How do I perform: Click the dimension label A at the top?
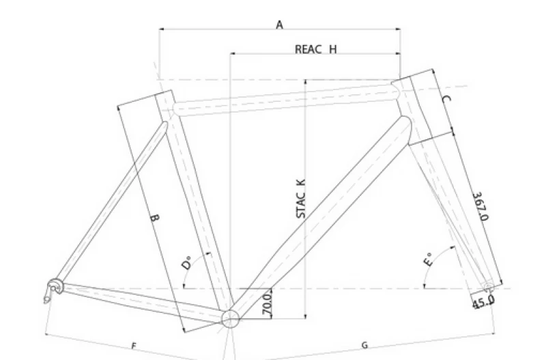click(280, 25)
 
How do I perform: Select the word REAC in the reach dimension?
click(308, 49)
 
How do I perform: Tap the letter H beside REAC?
click(333, 49)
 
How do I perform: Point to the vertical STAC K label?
click(301, 199)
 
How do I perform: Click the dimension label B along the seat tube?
click(155, 218)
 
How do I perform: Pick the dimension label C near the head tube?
click(446, 99)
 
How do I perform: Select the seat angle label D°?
click(187, 263)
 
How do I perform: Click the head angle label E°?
click(429, 260)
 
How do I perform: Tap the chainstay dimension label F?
click(134, 346)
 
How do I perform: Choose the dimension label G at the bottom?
click(364, 345)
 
